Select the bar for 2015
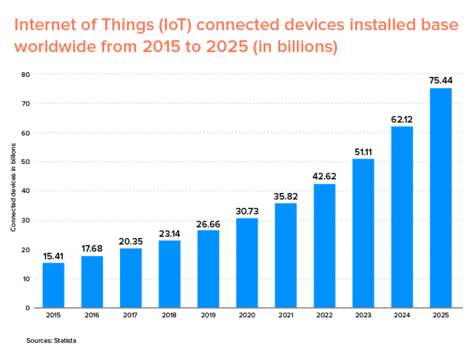point(53,285)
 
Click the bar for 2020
point(247,263)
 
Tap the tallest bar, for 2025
point(440,197)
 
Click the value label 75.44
point(440,81)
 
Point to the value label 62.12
point(402,119)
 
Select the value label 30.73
point(247,211)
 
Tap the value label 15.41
point(53,255)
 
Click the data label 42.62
point(324,176)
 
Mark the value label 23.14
point(169,233)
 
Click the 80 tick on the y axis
point(26,75)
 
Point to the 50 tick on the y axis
point(26,162)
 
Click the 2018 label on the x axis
point(169,316)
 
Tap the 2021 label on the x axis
point(285,316)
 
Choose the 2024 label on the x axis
point(402,316)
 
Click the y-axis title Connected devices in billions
point(13,191)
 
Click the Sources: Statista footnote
point(51,340)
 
